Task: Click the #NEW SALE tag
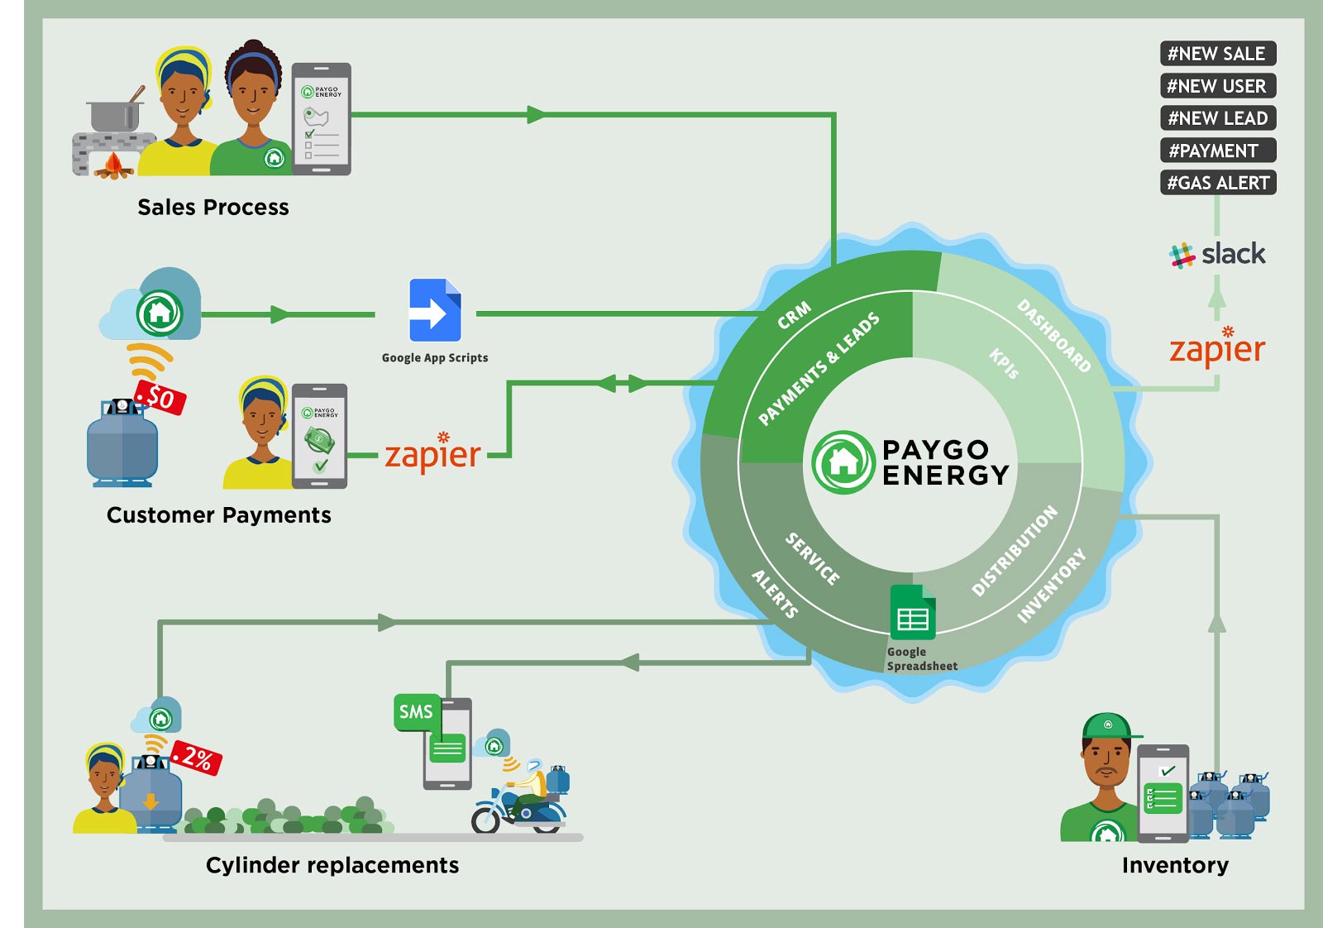(1218, 53)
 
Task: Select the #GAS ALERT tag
(1218, 183)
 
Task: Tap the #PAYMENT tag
(1218, 150)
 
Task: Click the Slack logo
(1217, 255)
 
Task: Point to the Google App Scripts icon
(435, 310)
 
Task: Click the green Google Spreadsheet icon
(913, 613)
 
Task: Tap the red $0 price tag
(160, 398)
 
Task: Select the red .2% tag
(196, 757)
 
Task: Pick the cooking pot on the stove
(116, 112)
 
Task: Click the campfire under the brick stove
(113, 166)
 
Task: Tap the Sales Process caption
(213, 208)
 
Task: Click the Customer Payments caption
(218, 515)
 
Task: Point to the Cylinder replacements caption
(332, 865)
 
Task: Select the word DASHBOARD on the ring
(1053, 336)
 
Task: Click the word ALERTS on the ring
(775, 594)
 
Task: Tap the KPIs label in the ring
(1004, 363)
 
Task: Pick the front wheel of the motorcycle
(485, 819)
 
